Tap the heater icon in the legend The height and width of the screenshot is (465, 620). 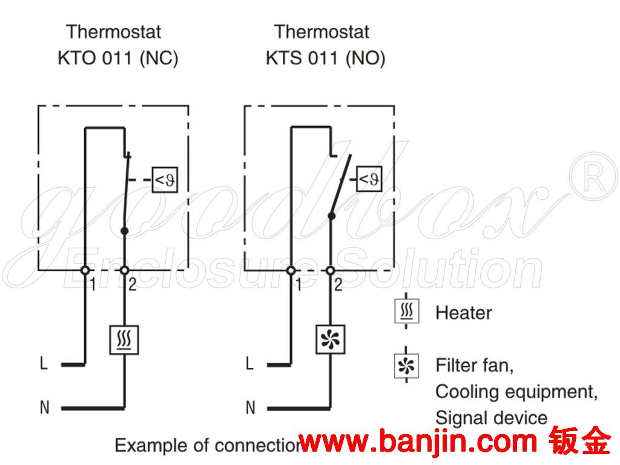(x=406, y=312)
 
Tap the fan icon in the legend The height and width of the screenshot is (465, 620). (x=406, y=365)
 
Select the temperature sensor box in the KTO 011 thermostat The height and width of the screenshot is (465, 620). (x=163, y=179)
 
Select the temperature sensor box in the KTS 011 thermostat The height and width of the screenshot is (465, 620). (x=369, y=179)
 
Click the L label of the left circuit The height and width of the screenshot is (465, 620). (x=44, y=364)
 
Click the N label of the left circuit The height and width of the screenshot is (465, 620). (x=44, y=407)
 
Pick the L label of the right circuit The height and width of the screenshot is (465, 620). (x=249, y=364)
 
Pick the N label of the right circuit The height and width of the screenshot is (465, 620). (x=250, y=407)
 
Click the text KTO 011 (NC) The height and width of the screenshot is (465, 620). (x=118, y=59)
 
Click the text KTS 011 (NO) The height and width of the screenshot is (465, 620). (x=325, y=59)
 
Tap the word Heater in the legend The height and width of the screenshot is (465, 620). (x=463, y=313)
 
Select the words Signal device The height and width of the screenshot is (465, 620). (x=491, y=418)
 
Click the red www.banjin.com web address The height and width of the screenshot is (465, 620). (x=418, y=444)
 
